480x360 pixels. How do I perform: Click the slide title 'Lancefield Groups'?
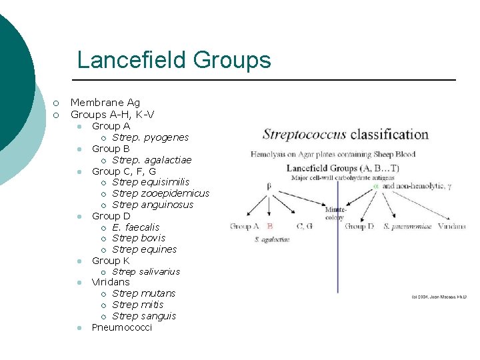pos(174,60)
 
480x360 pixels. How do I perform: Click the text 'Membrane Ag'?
pos(105,103)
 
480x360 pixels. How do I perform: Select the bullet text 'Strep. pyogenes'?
pos(150,137)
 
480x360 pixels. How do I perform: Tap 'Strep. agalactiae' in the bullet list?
pos(151,160)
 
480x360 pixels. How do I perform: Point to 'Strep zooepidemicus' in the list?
pos(161,193)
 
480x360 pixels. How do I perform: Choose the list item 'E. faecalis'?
pos(136,227)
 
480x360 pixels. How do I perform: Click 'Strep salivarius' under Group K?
pos(145,271)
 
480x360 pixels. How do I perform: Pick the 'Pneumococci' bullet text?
pos(121,327)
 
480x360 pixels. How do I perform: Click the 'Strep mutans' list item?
pos(143,293)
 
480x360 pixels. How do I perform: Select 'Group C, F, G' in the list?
pos(123,171)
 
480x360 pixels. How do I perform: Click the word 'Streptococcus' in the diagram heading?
pos(305,133)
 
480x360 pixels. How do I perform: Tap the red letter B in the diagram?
pos(270,227)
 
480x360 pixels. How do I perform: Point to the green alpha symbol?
pos(376,187)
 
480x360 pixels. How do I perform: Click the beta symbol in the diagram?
pos(269,187)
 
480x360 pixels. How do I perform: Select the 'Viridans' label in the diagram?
pos(452,227)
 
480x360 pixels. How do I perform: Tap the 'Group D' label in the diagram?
pos(359,227)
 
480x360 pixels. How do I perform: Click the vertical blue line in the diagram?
pos(338,267)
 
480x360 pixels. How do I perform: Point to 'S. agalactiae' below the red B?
pos(272,239)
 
